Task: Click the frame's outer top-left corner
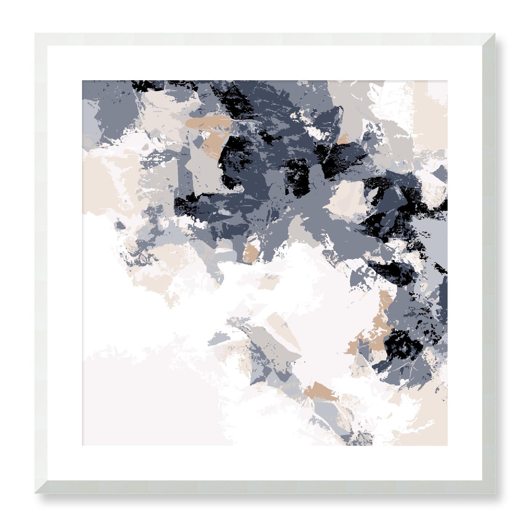[x=35, y=33]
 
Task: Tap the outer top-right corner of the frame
[x=495, y=33]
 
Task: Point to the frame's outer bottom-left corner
[x=35, y=493]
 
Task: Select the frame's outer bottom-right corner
[x=495, y=493]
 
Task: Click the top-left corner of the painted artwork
[x=82, y=81]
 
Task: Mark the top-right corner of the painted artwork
[x=447, y=81]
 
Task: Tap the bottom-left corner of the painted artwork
[x=82, y=445]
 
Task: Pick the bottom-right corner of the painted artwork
[x=447, y=445]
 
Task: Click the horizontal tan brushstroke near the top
[x=207, y=122]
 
